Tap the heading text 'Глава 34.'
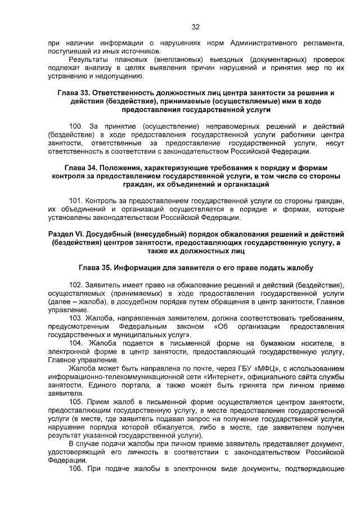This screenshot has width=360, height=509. click(81, 169)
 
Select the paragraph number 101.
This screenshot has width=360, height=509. click(76, 201)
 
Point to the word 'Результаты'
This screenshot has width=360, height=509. click(88, 60)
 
